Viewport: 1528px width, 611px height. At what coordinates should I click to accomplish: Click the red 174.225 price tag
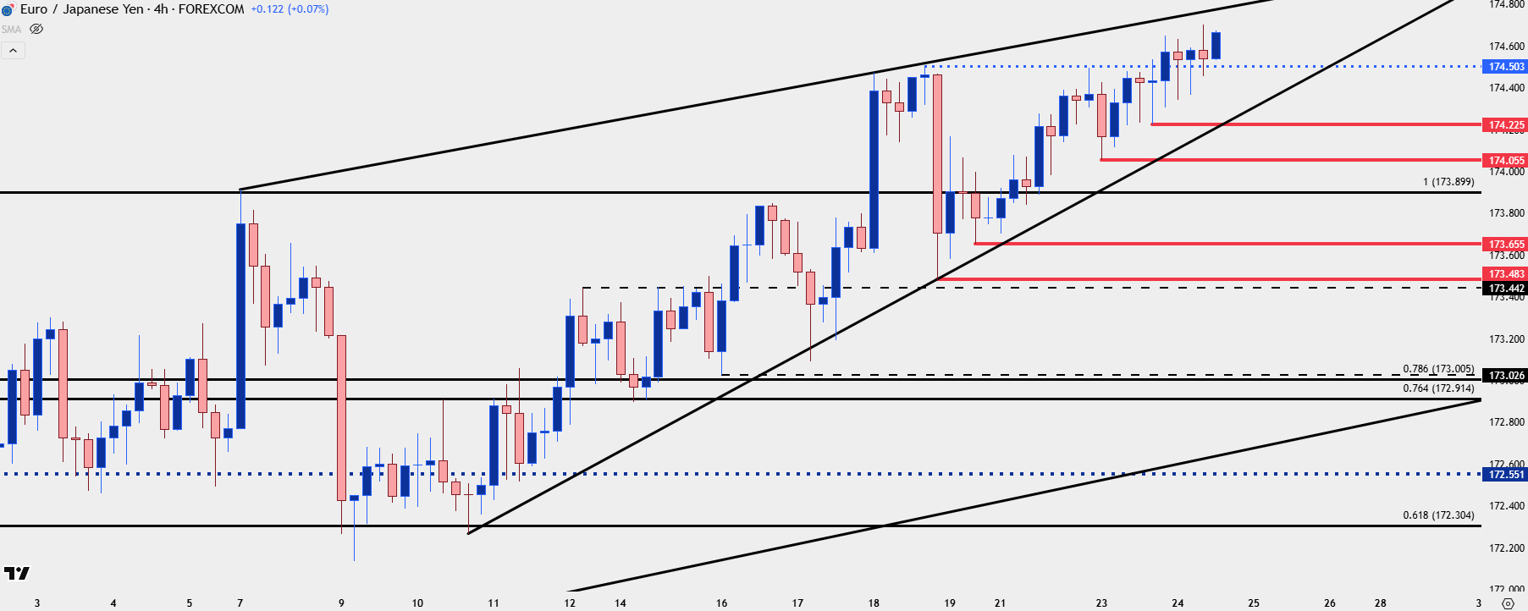coord(1506,125)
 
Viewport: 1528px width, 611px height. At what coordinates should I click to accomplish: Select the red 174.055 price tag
coord(1506,161)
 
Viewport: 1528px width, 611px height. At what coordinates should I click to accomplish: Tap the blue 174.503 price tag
coord(1506,67)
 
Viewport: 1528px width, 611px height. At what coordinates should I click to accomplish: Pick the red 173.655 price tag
coord(1506,245)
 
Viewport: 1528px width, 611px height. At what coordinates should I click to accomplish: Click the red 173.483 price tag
coord(1506,274)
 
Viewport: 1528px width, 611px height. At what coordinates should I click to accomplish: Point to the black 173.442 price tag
coord(1506,289)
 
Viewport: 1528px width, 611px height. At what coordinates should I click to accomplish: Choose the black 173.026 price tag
coord(1506,376)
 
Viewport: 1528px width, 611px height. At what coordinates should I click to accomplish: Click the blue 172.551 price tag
coord(1506,475)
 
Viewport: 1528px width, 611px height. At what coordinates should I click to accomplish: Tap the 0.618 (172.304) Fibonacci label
coord(1438,515)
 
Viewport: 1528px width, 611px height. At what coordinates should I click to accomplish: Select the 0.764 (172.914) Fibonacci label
coord(1438,388)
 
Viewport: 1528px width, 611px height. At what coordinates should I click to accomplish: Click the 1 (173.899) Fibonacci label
coord(1448,182)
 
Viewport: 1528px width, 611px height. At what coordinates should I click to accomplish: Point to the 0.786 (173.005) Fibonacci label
coord(1438,369)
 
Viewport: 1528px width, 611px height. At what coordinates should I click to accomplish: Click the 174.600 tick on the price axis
coord(1506,47)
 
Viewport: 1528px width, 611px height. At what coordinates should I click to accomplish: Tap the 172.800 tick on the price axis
coord(1506,422)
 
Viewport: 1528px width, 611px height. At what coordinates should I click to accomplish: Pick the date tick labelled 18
coord(874,603)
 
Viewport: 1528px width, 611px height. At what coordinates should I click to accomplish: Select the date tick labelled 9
coord(341,603)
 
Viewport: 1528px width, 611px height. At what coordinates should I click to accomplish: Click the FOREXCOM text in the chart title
coord(211,9)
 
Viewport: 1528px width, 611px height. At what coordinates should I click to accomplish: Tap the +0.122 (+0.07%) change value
coord(290,9)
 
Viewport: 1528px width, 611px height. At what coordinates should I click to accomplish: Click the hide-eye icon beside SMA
coord(36,29)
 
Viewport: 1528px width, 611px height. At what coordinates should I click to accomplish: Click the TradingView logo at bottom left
coord(16,574)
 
